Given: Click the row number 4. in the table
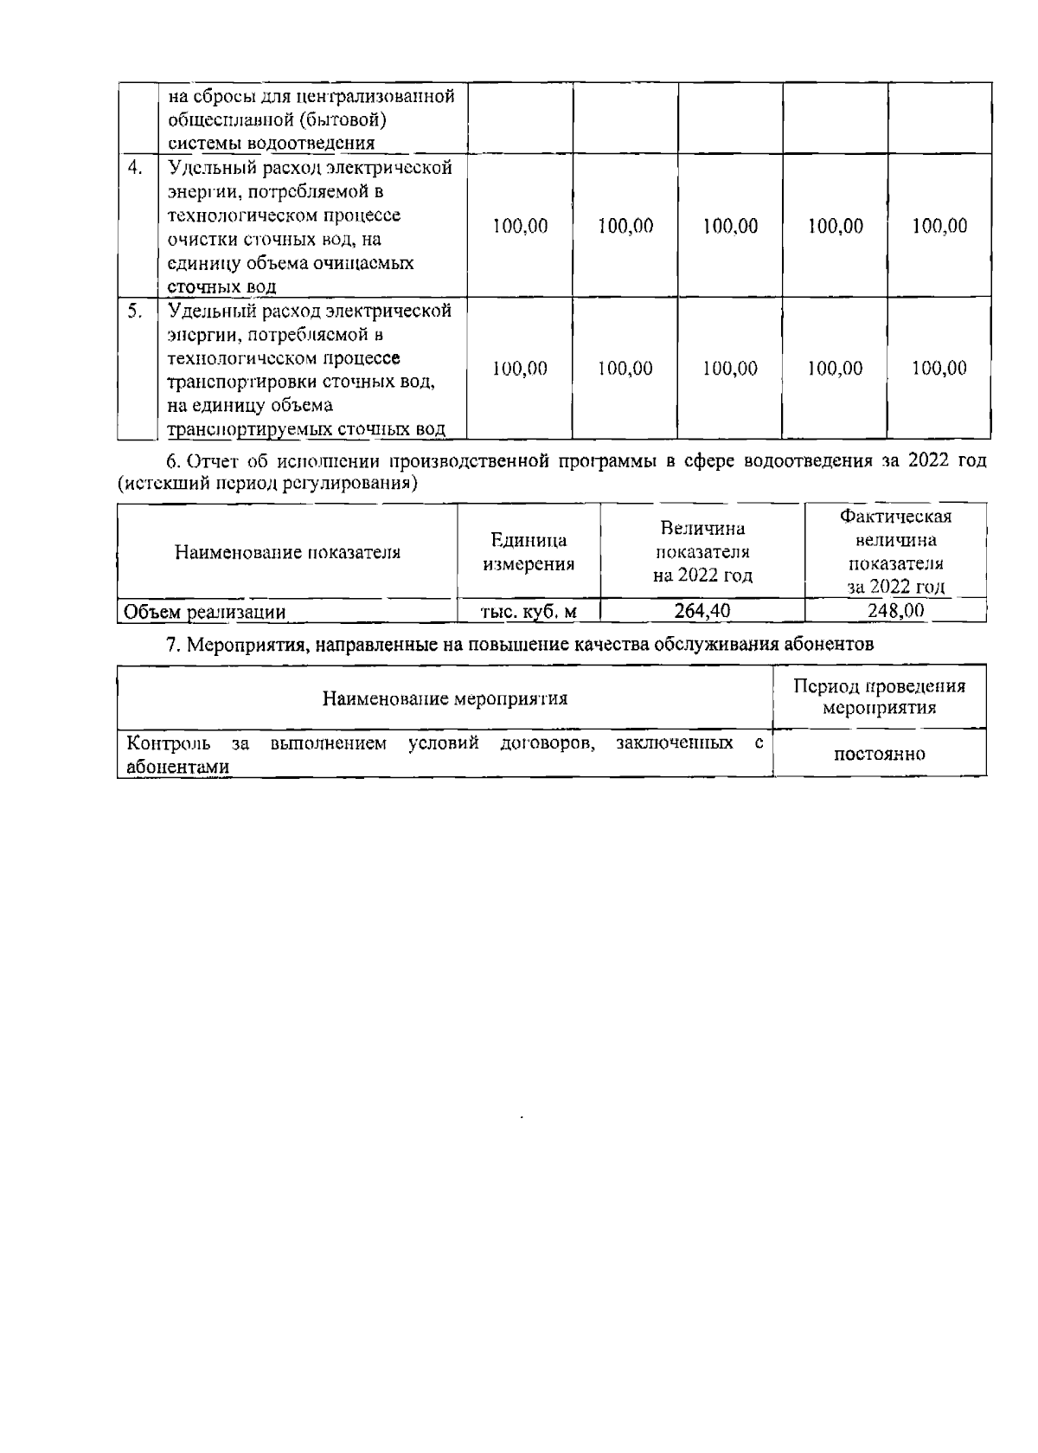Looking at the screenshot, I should [135, 168].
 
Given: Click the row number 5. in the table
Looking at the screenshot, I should [135, 311].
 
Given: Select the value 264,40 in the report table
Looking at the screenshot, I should [702, 611].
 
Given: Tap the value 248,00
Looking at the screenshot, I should [895, 610].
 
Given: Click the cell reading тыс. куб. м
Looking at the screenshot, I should [528, 612].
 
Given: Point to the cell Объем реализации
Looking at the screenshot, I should [205, 613].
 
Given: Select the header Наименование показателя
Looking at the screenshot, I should [287, 552].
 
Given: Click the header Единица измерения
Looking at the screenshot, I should [529, 552].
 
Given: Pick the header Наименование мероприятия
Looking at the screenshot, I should [445, 698].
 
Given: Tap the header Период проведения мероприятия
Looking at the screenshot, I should [879, 698].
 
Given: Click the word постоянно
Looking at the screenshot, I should [879, 754].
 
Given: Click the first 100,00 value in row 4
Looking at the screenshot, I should [520, 227].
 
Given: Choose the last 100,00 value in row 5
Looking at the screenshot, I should [939, 369].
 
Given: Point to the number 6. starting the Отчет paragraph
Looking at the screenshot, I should [171, 461].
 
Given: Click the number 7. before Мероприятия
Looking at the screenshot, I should [171, 644].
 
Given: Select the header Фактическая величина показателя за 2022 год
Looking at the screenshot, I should [895, 551].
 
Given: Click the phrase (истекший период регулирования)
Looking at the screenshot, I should [268, 483].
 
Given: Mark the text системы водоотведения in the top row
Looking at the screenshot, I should [270, 144].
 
